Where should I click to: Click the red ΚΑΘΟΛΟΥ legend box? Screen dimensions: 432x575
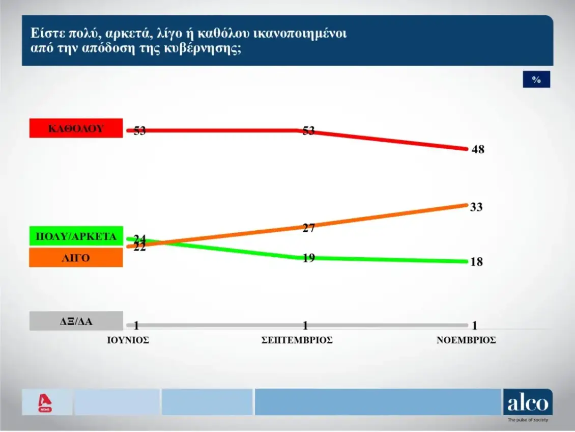76,128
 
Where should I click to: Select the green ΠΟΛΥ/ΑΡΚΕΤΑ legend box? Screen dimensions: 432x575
76,237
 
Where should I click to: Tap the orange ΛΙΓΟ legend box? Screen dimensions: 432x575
76,258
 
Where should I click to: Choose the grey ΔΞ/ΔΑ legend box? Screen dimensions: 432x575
76,321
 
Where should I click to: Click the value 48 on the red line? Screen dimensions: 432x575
478,150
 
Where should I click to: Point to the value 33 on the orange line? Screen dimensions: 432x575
476,207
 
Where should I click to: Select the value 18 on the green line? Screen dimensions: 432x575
476,262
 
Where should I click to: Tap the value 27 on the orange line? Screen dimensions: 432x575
308,228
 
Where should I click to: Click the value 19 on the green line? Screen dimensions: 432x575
308,258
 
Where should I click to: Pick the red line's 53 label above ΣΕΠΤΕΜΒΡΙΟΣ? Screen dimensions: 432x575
308,131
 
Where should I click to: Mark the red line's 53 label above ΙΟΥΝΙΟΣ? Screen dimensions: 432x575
139,131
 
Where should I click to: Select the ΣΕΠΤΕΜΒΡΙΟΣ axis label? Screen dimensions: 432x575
297,340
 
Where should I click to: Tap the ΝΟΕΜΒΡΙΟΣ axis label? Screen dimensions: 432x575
466,340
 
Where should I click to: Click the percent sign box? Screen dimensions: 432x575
536,79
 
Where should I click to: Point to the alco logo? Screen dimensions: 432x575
527,403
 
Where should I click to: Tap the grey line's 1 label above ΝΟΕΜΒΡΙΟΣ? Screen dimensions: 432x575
475,326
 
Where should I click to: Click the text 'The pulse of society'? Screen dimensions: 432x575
528,420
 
